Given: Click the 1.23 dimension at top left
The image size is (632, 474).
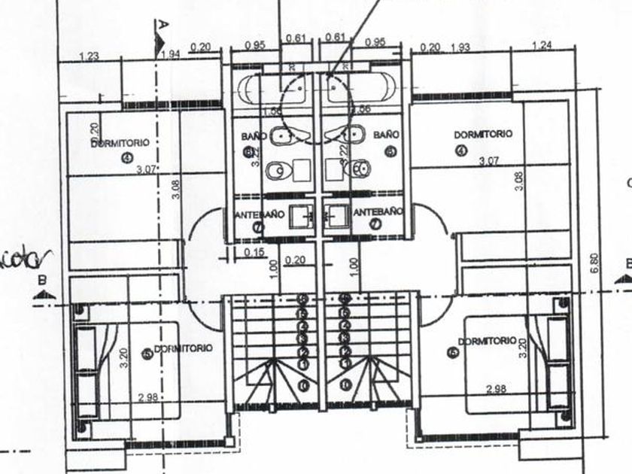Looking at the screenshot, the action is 89,56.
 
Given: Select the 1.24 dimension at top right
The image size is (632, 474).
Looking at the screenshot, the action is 541,47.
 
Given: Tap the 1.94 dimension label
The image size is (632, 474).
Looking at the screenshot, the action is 170,53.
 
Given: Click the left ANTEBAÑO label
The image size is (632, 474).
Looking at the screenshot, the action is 260,214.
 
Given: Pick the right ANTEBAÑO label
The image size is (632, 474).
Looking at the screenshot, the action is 378,212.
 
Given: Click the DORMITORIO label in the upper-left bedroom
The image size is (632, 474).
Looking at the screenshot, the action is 120,142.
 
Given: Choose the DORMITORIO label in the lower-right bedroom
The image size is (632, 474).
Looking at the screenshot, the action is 486,342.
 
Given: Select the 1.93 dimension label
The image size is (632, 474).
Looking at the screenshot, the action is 460,48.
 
